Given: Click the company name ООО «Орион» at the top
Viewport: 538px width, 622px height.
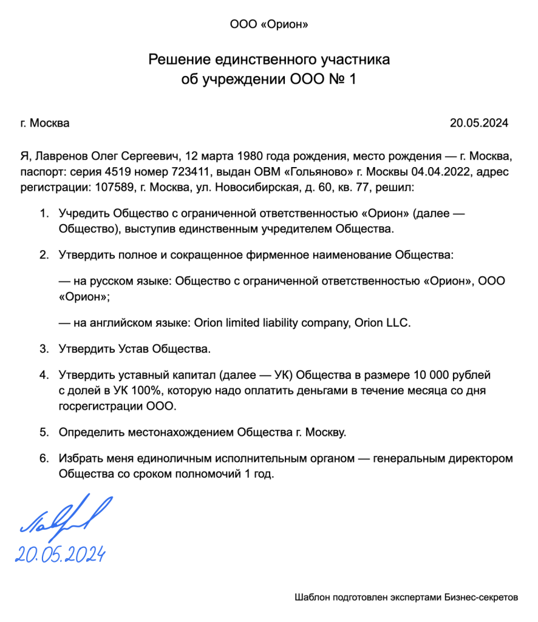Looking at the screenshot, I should [x=269, y=25].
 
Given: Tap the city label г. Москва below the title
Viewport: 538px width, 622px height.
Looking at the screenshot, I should [x=45, y=123].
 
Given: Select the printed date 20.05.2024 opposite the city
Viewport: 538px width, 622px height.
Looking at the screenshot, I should [x=478, y=123].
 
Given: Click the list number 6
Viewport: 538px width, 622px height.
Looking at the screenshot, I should [x=43, y=459].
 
